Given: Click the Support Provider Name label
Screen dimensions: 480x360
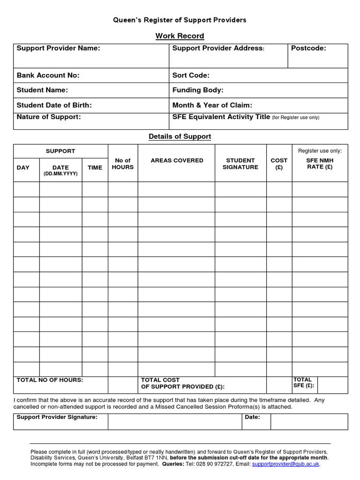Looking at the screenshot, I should pos(58,48).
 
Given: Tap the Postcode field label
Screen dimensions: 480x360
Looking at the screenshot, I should pos(308,48).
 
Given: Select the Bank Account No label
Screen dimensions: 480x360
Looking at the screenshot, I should pos(48,75).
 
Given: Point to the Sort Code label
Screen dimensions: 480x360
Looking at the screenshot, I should pos(191,75).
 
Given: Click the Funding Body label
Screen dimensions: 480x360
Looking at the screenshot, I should pos(198,90).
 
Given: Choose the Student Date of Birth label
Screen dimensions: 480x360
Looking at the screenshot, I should pos(54,105).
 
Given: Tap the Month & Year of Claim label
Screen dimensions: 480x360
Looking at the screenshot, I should pos(212,105).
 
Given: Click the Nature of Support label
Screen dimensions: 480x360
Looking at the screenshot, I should pos(49,117).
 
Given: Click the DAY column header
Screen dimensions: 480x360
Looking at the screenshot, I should pos(23,167).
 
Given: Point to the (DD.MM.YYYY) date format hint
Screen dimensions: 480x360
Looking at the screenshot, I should pos(60,173).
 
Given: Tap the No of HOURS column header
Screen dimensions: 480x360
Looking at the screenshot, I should pos(123,164).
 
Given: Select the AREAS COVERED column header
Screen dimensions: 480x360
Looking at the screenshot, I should pos(177,160).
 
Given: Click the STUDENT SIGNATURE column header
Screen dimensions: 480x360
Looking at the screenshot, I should pos(240,164).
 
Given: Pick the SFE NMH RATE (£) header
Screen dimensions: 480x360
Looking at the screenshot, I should pos(320,164).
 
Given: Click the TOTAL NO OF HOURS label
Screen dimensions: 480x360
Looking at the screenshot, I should pos(50,380).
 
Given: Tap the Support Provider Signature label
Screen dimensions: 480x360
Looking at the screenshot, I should pos(57,417).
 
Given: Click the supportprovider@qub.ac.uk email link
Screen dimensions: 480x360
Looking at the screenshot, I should pos(285,464).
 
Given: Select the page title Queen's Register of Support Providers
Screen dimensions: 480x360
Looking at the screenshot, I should pos(180,20).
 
